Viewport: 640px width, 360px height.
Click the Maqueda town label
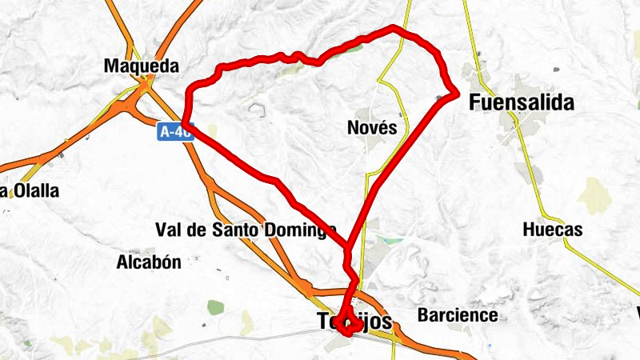pyautogui.click(x=141, y=66)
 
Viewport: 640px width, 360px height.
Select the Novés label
pyautogui.click(x=372, y=127)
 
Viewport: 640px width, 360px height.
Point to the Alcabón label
pyautogui.click(x=149, y=262)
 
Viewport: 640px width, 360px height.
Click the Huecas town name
pyautogui.click(x=552, y=230)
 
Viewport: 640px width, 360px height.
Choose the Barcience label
pyautogui.click(x=458, y=315)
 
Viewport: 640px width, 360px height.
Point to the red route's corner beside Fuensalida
pyautogui.click(x=455, y=94)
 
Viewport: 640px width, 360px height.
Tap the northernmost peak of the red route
pyautogui.click(x=394, y=28)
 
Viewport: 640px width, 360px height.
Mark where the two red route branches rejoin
pyautogui.click(x=349, y=246)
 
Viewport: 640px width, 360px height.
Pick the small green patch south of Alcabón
pyautogui.click(x=215, y=306)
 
